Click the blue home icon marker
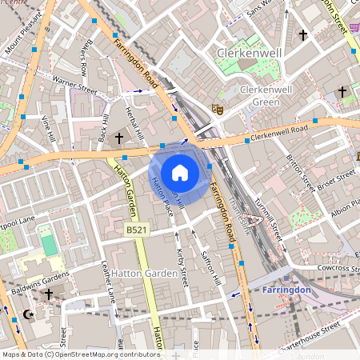tap(180, 173)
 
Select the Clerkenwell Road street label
tap(278, 133)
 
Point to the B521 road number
tap(137, 230)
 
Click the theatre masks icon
tap(216, 108)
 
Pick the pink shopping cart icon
tap(353, 26)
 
